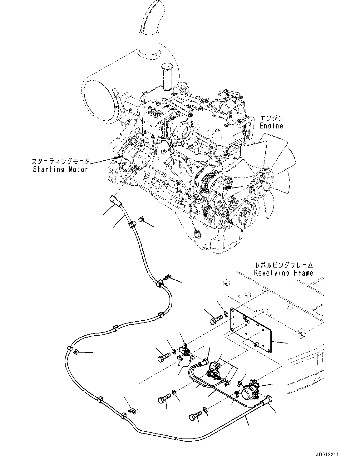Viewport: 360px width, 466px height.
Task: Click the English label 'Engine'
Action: click(272, 126)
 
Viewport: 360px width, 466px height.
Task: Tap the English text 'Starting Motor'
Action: click(61, 169)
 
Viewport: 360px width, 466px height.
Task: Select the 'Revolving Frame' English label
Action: click(283, 273)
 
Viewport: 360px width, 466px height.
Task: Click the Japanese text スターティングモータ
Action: click(61, 162)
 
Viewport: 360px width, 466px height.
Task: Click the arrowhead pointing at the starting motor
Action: click(118, 158)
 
